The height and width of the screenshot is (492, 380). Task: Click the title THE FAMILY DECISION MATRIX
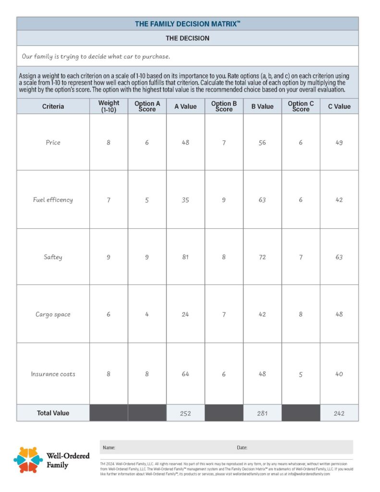187,24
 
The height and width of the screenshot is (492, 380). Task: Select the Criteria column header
53,106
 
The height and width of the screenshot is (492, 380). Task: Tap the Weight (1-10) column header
109,106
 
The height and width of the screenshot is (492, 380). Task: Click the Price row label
53,142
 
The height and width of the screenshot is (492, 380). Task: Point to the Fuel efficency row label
53,199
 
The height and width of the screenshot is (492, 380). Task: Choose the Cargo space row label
53,314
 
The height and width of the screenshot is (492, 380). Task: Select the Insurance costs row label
53,374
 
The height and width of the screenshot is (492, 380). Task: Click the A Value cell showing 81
185,257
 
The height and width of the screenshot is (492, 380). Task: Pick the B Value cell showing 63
262,199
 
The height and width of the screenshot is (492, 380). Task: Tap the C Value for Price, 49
339,142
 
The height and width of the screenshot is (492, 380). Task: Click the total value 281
262,413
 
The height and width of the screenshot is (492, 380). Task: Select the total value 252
185,413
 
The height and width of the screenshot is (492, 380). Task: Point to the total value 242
339,413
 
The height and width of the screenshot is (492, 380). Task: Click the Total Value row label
53,413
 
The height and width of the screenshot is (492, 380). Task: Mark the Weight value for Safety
109,257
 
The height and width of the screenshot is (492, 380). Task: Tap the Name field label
109,447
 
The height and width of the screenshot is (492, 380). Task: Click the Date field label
242,447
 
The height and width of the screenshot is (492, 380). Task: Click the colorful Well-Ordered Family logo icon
28,460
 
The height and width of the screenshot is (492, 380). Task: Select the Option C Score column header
301,106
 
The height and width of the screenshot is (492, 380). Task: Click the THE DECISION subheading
187,38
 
